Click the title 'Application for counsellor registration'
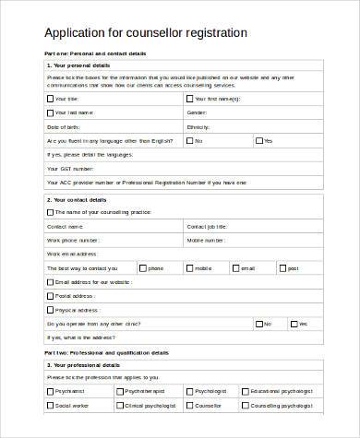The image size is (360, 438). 146,32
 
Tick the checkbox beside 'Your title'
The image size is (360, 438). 50,98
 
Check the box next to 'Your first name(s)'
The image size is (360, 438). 190,98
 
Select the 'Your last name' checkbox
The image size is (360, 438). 50,112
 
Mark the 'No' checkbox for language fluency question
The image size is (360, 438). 190,141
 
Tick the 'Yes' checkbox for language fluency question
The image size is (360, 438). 258,141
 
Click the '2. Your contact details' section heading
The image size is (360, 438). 77,199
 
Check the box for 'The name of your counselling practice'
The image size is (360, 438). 50,211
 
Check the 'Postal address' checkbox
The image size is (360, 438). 50,296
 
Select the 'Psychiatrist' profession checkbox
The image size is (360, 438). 50,390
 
